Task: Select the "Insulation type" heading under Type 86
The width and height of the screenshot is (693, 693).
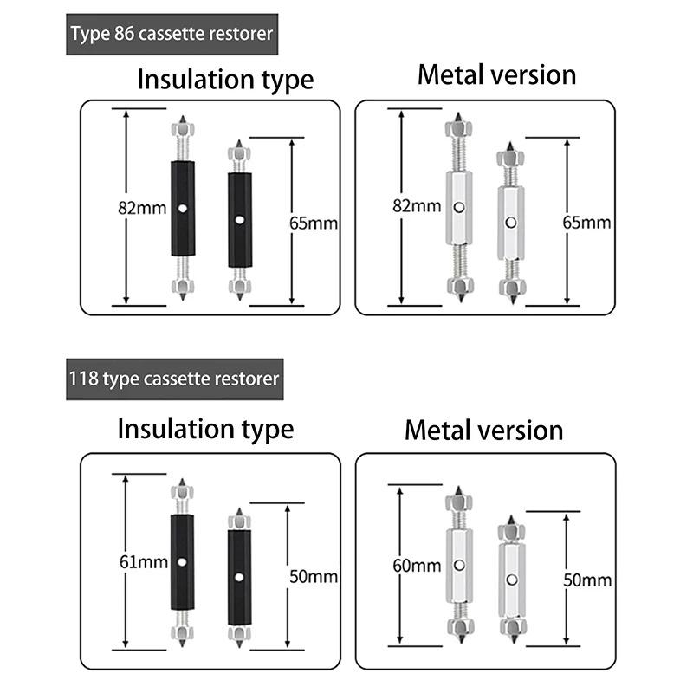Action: pos(225,80)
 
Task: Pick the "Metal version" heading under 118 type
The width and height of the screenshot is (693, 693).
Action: pos(483,430)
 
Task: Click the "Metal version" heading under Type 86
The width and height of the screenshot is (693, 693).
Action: pos(496,74)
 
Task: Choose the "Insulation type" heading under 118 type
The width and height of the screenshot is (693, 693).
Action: pos(205,428)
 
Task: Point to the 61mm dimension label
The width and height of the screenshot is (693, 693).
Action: pos(143,562)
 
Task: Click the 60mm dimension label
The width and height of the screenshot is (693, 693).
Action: pos(417,566)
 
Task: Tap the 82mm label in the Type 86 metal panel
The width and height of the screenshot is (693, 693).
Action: pos(417,205)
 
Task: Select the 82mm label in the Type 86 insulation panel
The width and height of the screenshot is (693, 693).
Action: pos(142,208)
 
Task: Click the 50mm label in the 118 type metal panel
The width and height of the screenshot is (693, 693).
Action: pos(586,580)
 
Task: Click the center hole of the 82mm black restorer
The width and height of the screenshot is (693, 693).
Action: pos(183,208)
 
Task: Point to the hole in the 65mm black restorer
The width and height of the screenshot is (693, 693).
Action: pos(240,219)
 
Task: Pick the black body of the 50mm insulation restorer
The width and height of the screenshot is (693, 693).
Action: pos(239,577)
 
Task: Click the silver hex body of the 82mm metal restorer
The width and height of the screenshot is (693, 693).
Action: pos(459,208)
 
